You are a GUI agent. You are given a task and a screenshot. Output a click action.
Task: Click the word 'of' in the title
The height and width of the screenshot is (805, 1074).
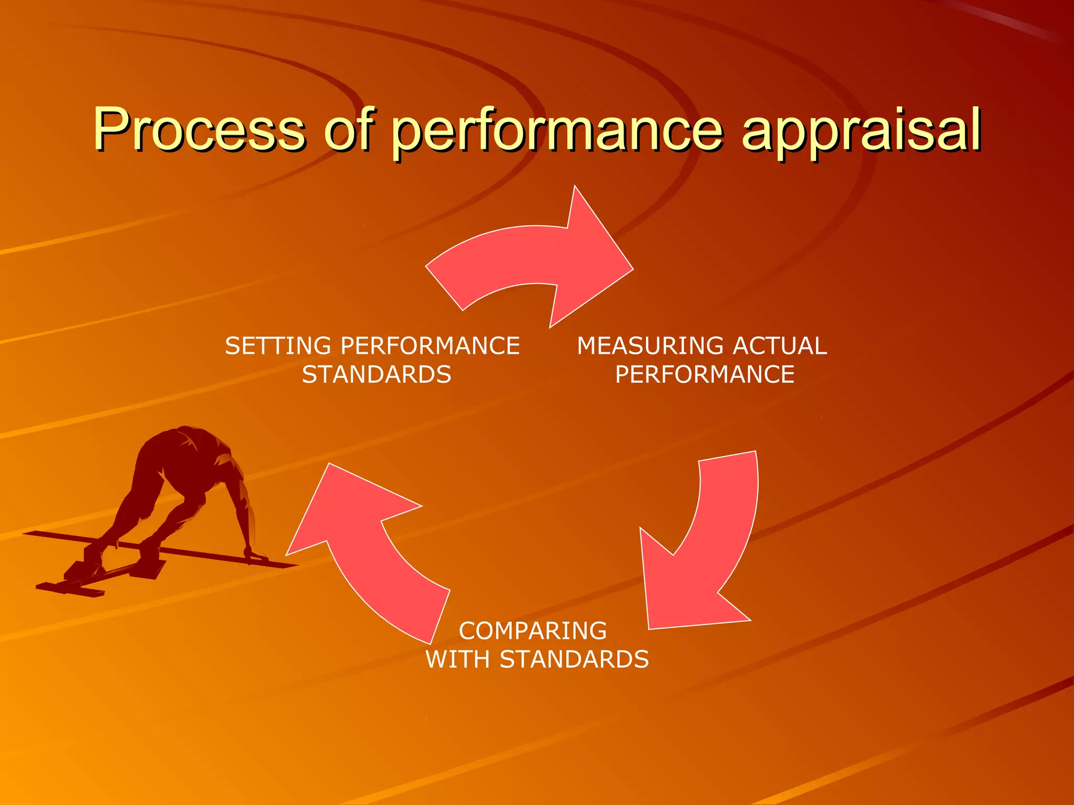click(349, 129)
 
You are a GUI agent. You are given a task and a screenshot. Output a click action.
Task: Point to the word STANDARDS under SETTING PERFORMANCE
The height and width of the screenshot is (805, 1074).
click(377, 375)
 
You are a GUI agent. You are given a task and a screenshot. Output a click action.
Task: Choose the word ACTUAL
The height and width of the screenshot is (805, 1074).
click(780, 346)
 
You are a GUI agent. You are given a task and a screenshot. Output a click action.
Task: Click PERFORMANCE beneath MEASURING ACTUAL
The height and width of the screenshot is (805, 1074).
click(704, 375)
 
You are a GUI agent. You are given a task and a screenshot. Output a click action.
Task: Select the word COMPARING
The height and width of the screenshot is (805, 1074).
click(533, 631)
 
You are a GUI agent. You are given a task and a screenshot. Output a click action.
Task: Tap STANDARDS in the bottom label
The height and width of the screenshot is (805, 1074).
click(574, 659)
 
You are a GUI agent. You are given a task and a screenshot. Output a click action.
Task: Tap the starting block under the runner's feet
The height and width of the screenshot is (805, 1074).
click(79, 576)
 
